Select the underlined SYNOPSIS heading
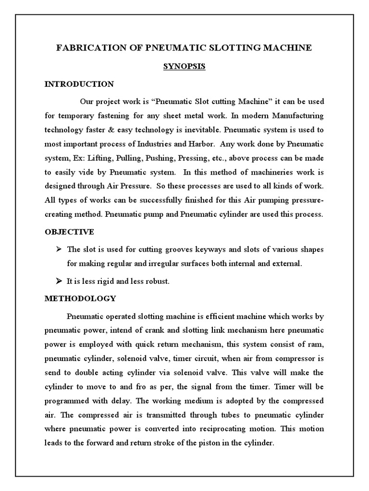(x=184, y=67)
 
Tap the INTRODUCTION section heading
(x=79, y=84)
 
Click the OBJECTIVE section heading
(x=70, y=232)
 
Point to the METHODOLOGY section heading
(x=80, y=298)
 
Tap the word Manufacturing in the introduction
(x=298, y=116)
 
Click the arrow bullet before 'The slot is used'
(x=60, y=249)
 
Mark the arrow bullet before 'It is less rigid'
(x=60, y=281)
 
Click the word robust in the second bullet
(x=157, y=281)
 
